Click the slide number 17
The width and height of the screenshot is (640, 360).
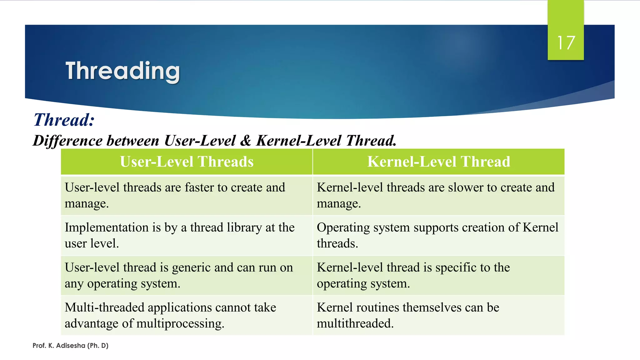pos(566,43)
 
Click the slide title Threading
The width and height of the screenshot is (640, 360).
pos(122,71)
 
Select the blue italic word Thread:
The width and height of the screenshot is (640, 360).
pos(64,120)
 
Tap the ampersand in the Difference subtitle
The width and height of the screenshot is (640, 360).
pos(246,141)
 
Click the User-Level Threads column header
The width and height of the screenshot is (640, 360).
pos(187,162)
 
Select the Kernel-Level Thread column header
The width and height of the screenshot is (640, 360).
pos(438,162)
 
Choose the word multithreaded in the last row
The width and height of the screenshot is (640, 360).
pos(355,323)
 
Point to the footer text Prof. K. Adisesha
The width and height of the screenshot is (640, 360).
pos(70,346)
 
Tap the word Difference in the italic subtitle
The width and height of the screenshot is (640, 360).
pos(67,141)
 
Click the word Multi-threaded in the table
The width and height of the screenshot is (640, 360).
pos(104,307)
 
